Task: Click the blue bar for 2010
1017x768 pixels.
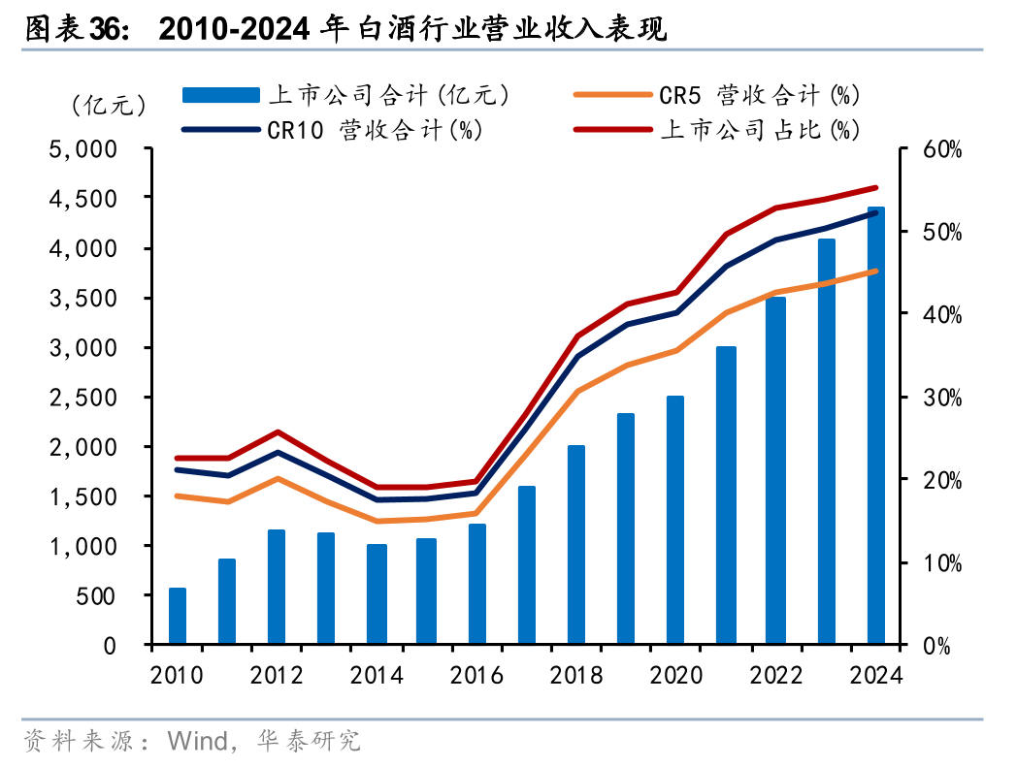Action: [177, 616]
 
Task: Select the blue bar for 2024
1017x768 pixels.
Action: [875, 427]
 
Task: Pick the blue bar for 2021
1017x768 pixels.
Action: [726, 496]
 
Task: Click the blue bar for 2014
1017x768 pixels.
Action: [377, 594]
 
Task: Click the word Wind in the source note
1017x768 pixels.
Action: [197, 742]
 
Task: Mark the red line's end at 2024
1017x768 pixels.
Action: [875, 188]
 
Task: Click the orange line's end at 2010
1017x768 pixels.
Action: [177, 496]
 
